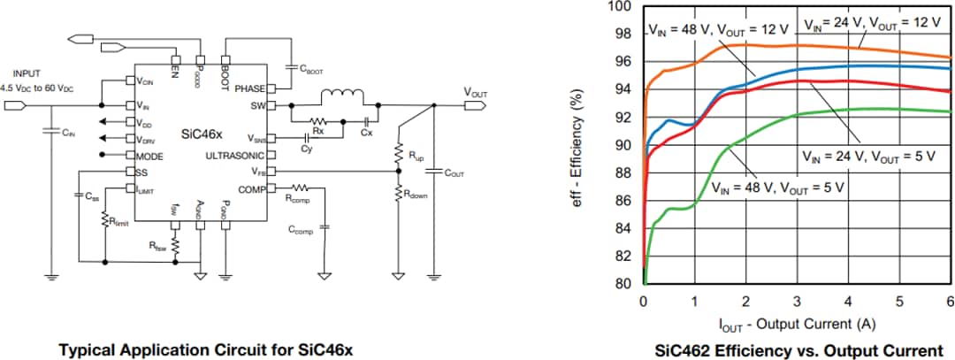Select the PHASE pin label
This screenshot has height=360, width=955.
pyautogui.click(x=249, y=88)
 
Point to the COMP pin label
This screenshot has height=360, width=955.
pyautogui.click(x=250, y=188)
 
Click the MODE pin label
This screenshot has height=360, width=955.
pyautogui.click(x=152, y=155)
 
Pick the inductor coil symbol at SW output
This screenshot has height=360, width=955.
pyautogui.click(x=342, y=95)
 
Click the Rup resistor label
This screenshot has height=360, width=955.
pyautogui.click(x=415, y=155)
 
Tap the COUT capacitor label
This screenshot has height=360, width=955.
pyautogui.click(x=454, y=173)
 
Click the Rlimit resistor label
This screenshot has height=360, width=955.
pyautogui.click(x=118, y=223)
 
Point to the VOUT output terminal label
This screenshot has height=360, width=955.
pyautogui.click(x=478, y=90)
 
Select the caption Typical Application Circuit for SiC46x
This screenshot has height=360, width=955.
pyautogui.click(x=205, y=349)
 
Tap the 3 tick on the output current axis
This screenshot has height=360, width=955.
pyautogui.click(x=798, y=300)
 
